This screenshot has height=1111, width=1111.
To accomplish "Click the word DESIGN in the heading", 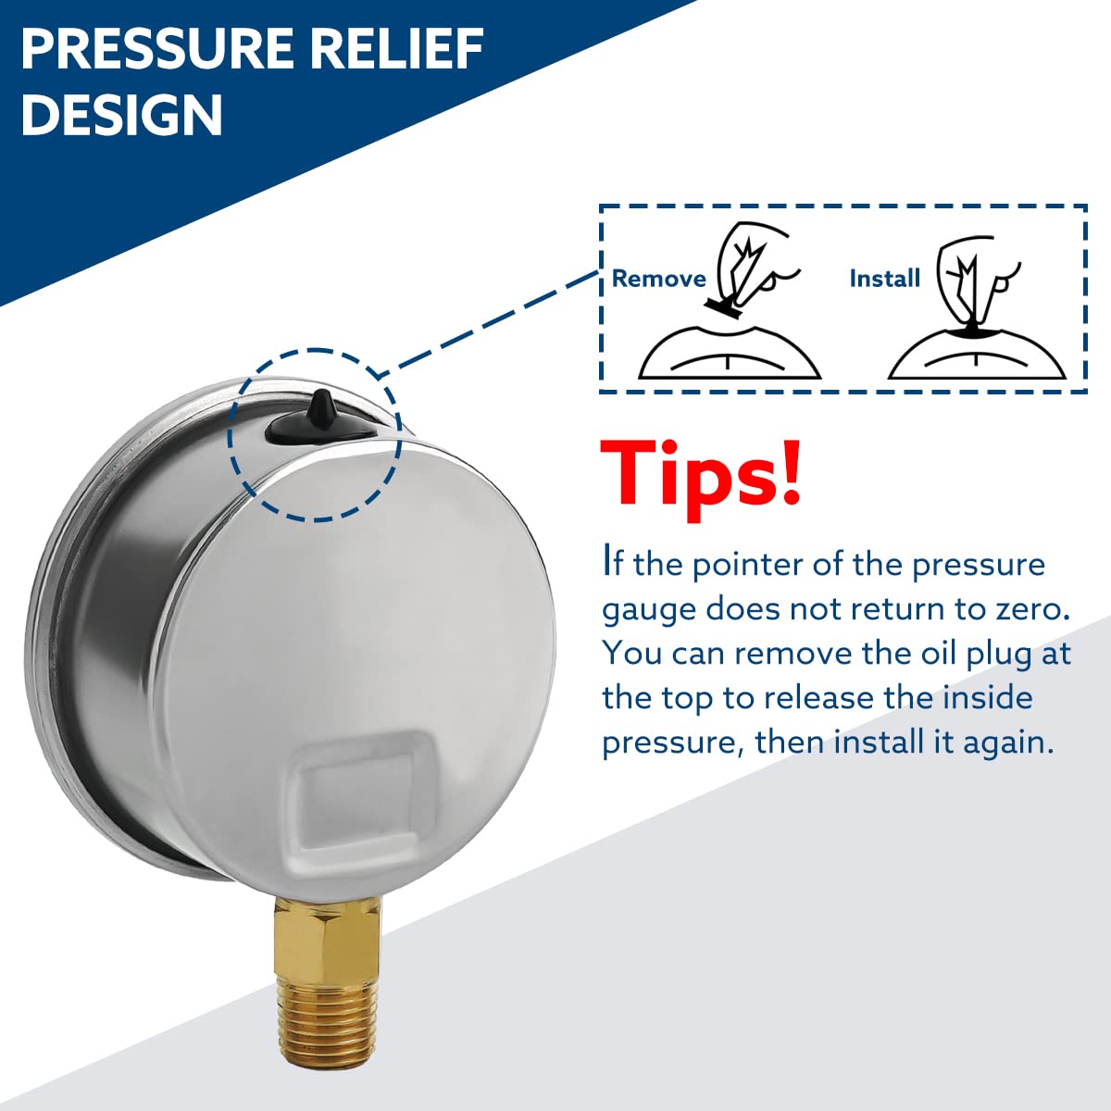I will [x=121, y=115].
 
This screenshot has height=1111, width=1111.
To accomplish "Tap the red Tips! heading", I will [x=700, y=474].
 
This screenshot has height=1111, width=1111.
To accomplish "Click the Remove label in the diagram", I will [x=658, y=279].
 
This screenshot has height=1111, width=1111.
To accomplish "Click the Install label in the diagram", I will [x=884, y=279].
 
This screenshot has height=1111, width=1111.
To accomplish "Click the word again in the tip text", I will [x=1006, y=743].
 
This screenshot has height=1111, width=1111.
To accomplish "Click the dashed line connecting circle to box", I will [x=491, y=319].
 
